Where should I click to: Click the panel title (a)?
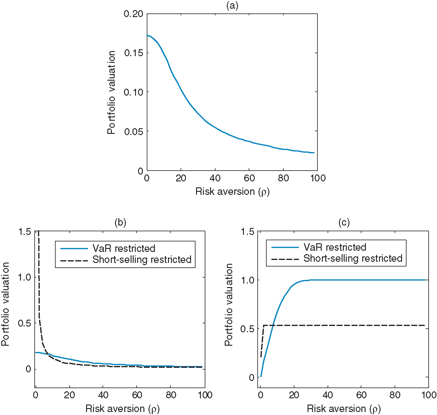pos(232,6)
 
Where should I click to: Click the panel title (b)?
pos(120,222)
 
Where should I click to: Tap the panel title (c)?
pos(344,222)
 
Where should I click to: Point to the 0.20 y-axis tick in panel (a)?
pos(134,14)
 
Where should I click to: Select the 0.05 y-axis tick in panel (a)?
pos(134,131)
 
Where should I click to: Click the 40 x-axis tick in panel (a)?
pos(215,178)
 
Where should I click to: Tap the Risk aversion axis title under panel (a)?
pos(232,192)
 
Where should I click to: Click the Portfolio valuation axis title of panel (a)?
pos(111,92)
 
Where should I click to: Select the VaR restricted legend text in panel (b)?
pos(124,249)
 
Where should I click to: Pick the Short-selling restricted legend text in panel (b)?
pos(142,260)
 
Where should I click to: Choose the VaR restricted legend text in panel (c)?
pos(335,247)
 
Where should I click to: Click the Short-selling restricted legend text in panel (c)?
pos(353,258)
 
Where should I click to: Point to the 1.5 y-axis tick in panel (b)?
pos(25,232)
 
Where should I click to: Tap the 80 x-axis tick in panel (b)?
pos(171,395)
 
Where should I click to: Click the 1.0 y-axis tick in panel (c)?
pos(247,280)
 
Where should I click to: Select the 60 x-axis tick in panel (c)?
pos(361,395)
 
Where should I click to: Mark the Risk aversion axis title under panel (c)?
pos(344,409)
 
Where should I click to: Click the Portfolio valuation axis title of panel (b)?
pos(6,304)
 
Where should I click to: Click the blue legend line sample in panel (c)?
pos(285,247)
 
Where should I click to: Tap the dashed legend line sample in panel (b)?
pos(74,261)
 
